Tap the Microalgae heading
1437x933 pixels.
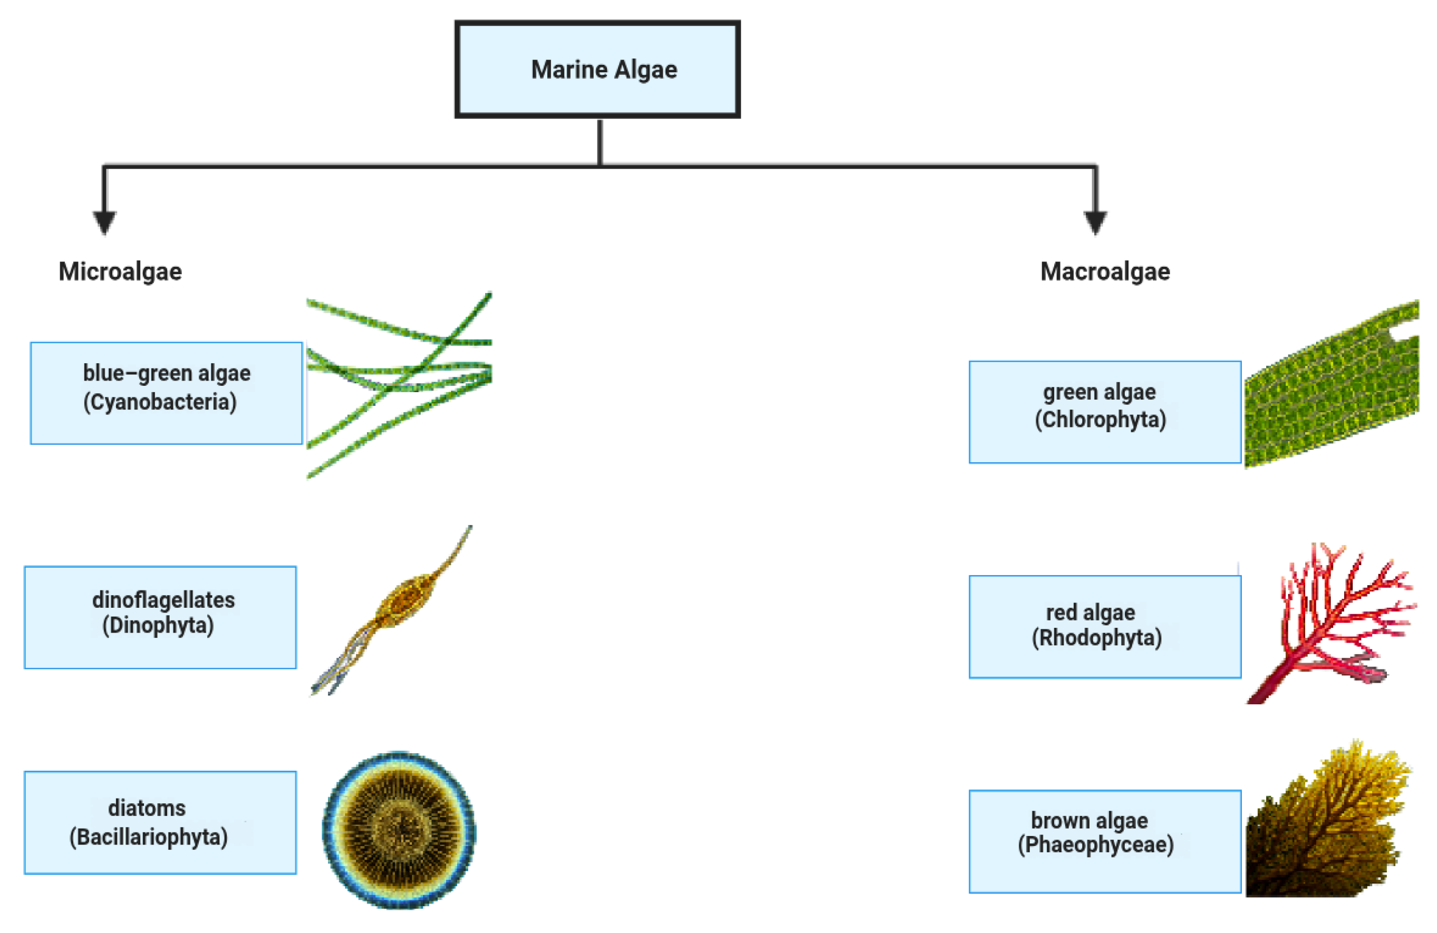(x=120, y=271)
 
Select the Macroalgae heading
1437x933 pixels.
(x=1105, y=271)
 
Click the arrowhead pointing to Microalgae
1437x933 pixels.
(x=104, y=221)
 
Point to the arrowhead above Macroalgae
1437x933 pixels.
(x=1095, y=221)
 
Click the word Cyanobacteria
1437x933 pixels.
(x=160, y=402)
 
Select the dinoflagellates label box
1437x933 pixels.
(x=160, y=617)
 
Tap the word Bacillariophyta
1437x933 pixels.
(x=149, y=837)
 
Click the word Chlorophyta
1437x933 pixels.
(x=1100, y=420)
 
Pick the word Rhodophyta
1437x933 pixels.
(x=1096, y=638)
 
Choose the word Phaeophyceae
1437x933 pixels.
(x=1096, y=845)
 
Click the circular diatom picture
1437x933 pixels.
(x=399, y=830)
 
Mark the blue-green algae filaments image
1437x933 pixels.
(x=399, y=380)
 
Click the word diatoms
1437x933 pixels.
(x=147, y=808)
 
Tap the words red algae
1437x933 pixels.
(x=1091, y=613)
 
